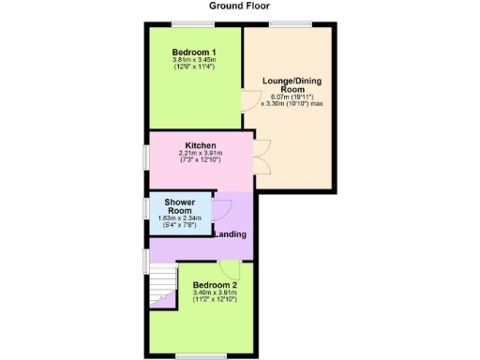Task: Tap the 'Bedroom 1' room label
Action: [195, 52]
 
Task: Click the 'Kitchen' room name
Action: [201, 146]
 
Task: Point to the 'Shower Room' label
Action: [179, 207]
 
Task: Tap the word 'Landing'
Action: [231, 233]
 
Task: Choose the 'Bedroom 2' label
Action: [215, 284]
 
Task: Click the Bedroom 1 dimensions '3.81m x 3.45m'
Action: [195, 61]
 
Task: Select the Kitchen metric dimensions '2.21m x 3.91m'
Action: [201, 155]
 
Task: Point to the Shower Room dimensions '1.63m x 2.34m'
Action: [179, 218]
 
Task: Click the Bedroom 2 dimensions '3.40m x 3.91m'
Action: [215, 292]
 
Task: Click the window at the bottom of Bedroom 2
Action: [199, 354]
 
